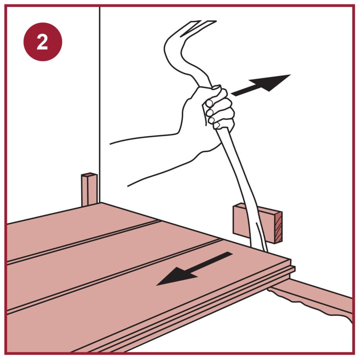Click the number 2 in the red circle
(42, 42)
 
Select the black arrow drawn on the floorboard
(195, 269)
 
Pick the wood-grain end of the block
(279, 227)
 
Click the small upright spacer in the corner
(89, 189)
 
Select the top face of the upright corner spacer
(89, 175)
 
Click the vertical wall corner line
(100, 105)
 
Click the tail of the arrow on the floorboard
(228, 254)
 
